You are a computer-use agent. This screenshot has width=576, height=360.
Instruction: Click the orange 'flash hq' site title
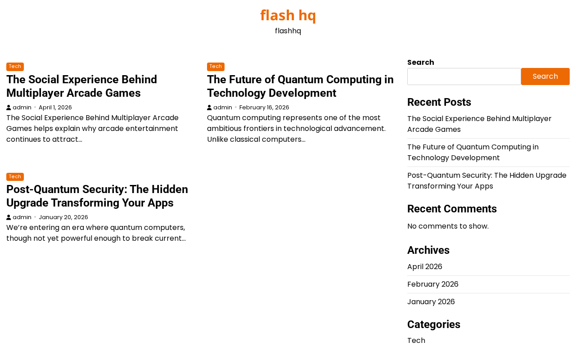(288, 15)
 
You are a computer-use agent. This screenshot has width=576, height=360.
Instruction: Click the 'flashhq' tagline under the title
(288, 31)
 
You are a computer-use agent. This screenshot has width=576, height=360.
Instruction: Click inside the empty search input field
(464, 76)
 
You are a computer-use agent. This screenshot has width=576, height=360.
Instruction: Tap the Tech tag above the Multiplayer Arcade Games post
(15, 66)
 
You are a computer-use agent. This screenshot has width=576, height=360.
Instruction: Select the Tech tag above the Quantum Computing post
(216, 66)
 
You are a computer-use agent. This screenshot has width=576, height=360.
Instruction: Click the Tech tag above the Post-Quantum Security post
(15, 177)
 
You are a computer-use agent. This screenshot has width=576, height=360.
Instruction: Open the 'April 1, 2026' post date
(55, 108)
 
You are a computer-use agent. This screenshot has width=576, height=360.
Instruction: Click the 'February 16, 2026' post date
(264, 108)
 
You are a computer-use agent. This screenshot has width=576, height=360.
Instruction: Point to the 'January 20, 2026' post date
(63, 217)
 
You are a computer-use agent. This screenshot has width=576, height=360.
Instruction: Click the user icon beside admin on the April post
(9, 108)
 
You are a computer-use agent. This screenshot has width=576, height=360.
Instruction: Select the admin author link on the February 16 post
(223, 108)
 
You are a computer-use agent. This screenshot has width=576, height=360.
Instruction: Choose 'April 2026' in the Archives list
(424, 267)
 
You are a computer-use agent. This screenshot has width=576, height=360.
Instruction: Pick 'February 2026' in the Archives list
(433, 284)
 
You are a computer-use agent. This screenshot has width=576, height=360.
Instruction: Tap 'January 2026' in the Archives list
(431, 301)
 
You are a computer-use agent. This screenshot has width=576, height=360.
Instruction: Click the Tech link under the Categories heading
(416, 341)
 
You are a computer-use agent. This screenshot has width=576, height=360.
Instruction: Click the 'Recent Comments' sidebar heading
(452, 209)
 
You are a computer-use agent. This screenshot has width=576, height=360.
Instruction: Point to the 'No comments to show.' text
(448, 226)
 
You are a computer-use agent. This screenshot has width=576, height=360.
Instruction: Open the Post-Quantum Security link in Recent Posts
(487, 181)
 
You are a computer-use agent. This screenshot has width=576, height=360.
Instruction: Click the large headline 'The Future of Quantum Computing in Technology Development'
(300, 86)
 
